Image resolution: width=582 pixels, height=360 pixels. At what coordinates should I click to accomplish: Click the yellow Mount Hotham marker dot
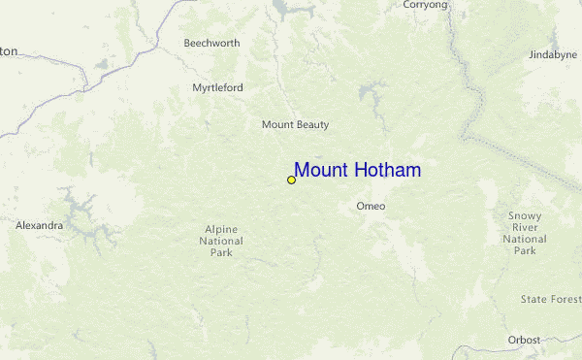[291, 180]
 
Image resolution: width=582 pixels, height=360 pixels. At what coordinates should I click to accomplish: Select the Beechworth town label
[212, 43]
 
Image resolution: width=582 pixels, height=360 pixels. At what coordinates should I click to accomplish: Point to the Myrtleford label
[217, 87]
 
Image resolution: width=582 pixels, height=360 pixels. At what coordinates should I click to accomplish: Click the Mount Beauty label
[295, 124]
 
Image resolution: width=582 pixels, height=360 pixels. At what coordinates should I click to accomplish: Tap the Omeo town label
[371, 206]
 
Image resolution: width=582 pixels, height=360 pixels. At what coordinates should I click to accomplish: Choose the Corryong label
[426, 5]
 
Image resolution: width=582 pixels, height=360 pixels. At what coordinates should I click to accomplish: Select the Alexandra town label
[39, 225]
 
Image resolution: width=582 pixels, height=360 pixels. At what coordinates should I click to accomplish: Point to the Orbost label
[524, 340]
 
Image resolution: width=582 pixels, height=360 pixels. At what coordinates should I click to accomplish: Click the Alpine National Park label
[221, 241]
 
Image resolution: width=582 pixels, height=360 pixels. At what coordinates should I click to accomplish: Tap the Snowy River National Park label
[525, 233]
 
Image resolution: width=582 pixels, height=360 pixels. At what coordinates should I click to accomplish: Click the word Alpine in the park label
[221, 229]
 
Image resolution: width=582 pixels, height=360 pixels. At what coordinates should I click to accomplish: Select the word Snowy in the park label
[525, 215]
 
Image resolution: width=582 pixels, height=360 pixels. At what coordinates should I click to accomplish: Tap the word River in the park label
[525, 227]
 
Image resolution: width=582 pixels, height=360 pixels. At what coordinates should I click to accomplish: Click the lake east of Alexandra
[78, 208]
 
